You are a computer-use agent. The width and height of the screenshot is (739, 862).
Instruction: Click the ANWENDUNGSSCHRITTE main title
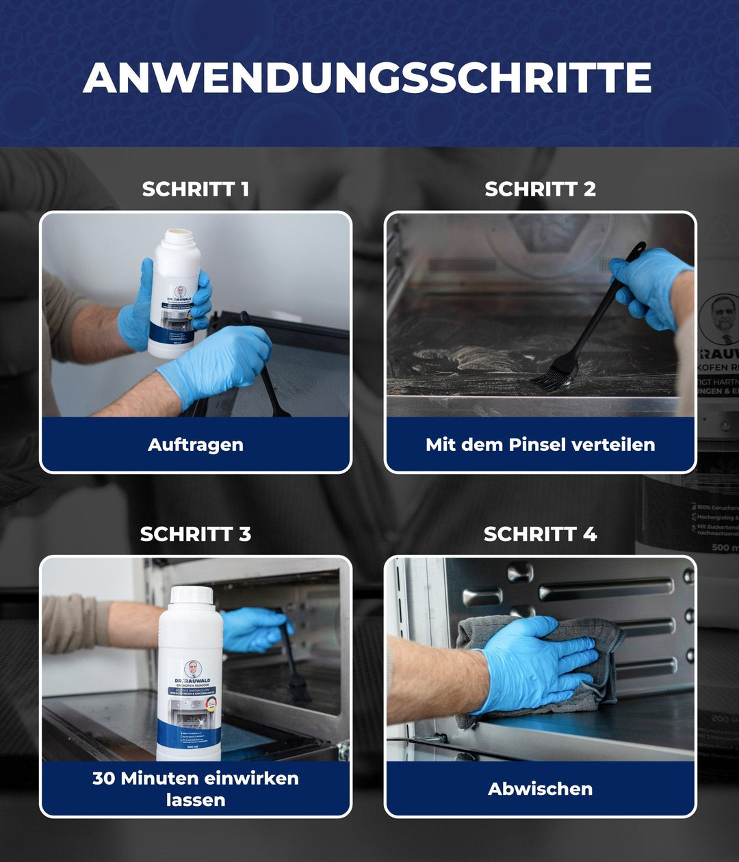367,77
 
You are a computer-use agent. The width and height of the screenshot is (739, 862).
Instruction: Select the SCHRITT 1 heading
196,189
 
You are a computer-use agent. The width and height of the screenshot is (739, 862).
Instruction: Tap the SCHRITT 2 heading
540,189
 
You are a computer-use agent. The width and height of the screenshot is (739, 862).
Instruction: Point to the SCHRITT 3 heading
196,534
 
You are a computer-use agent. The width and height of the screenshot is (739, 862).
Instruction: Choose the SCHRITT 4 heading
540,534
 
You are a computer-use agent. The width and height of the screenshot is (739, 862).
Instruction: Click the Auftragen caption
196,445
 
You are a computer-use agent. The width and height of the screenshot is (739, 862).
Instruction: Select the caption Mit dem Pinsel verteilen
540,445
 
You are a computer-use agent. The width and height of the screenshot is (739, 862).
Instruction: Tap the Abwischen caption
540,789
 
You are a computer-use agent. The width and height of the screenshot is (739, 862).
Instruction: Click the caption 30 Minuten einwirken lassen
196,789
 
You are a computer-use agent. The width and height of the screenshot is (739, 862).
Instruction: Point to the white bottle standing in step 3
189,677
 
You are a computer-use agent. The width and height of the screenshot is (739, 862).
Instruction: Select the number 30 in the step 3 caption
104,779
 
